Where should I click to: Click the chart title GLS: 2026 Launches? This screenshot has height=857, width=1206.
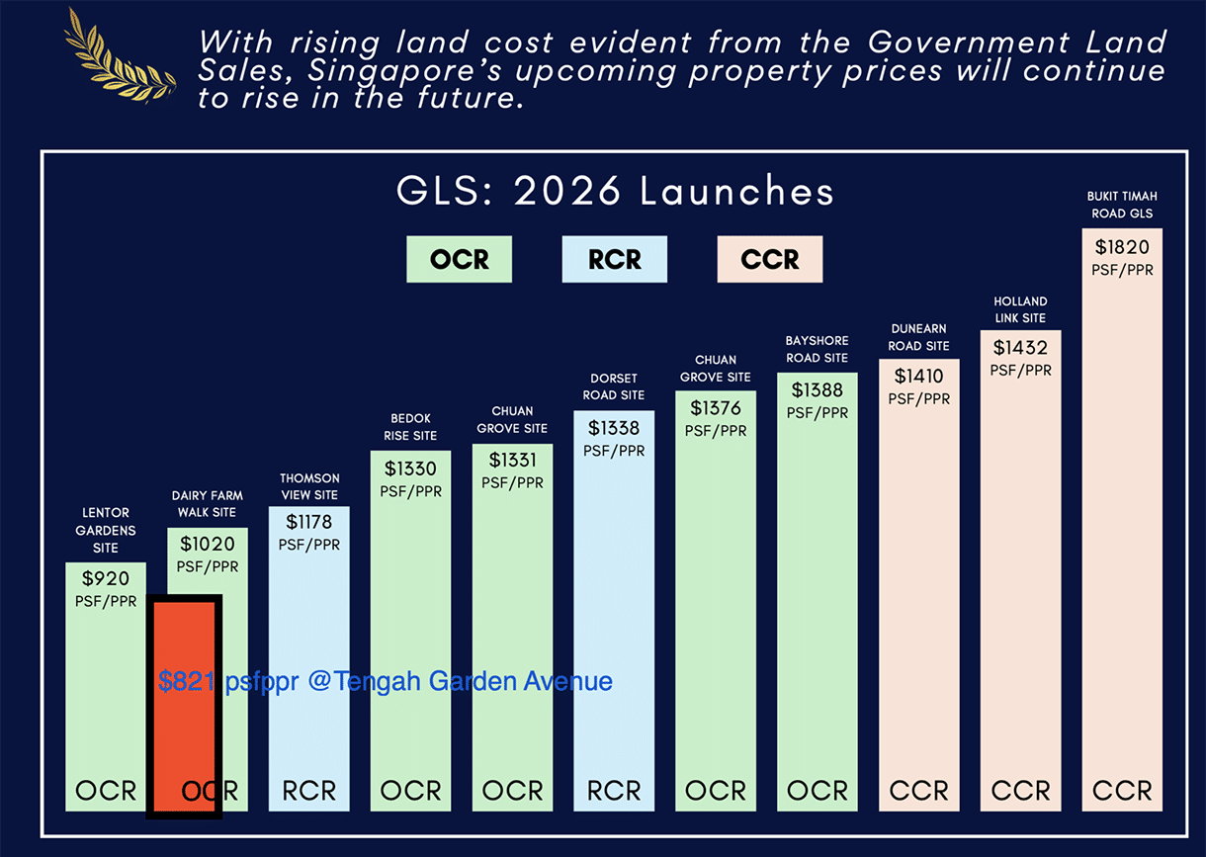point(615,191)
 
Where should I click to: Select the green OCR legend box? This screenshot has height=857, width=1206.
point(459,259)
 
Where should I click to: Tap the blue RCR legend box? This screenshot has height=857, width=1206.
point(614,259)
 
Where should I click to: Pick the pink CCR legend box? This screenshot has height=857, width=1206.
point(769,259)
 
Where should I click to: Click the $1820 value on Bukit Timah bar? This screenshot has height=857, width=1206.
point(1122,246)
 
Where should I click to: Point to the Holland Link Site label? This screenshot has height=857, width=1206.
point(1020,309)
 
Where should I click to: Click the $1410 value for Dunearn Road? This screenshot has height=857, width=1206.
point(918,376)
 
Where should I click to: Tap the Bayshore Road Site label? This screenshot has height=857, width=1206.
point(817,349)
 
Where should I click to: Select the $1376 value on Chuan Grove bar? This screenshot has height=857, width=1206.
point(716,408)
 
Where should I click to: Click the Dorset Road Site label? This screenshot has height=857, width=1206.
point(614,386)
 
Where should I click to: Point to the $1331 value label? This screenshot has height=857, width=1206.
point(512,460)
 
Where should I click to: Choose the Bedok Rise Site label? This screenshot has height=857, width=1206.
point(410,427)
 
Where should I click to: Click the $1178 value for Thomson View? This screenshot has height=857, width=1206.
point(309,521)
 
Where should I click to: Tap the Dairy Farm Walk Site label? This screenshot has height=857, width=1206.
point(208,504)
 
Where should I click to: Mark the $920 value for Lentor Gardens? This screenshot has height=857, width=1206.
point(106,578)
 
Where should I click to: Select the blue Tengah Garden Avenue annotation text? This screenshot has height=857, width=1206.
point(386,681)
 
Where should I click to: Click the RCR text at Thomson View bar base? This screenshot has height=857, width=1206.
point(309,791)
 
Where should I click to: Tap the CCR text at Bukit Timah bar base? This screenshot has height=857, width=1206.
point(1122,791)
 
